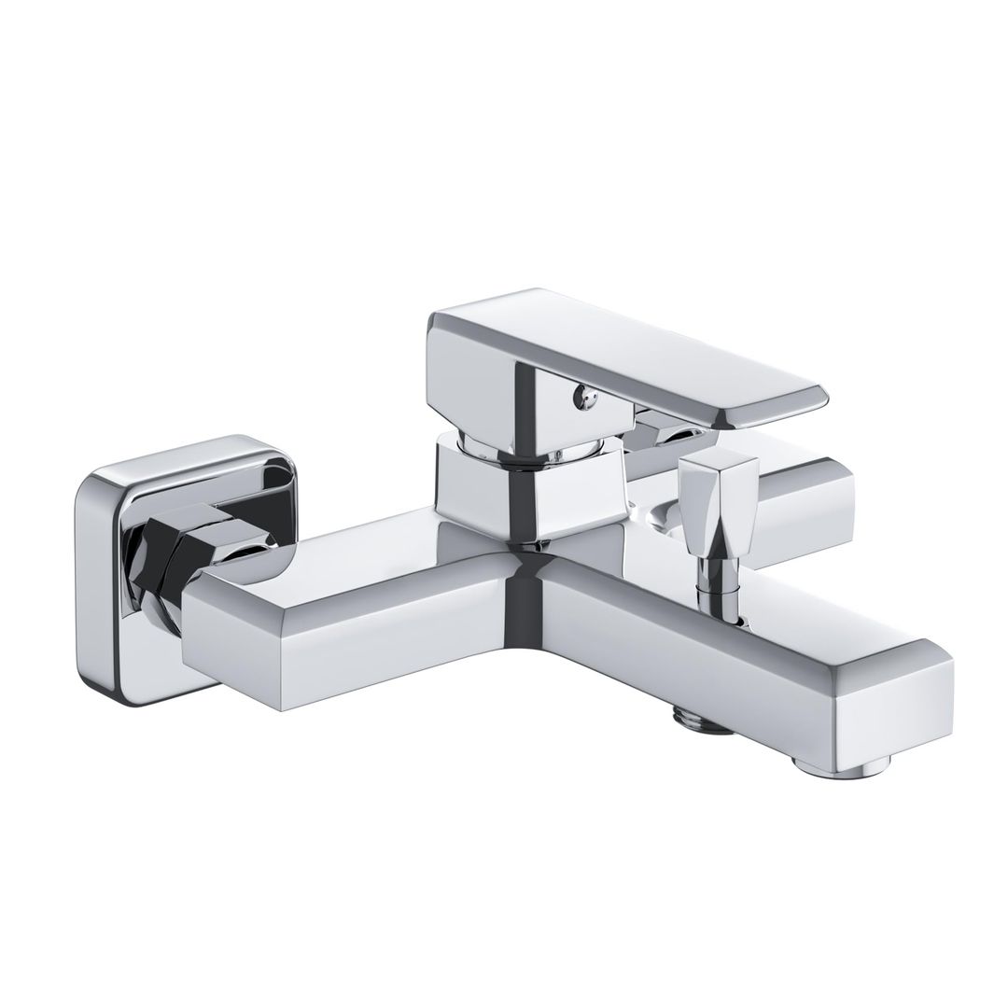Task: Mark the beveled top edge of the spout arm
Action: coord(747,607)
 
